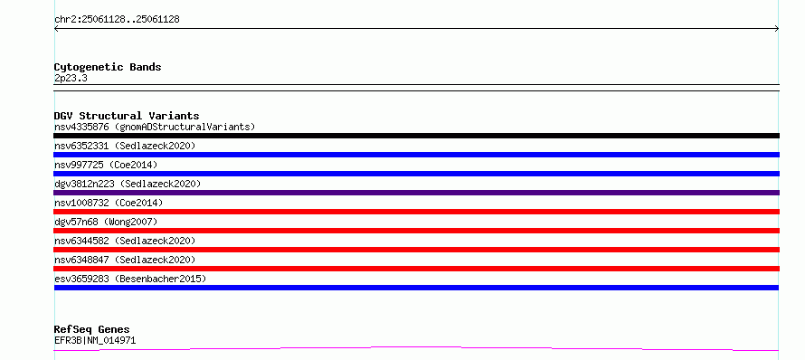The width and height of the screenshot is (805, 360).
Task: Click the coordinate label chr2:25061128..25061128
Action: click(117, 20)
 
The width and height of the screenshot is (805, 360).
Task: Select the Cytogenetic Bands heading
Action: click(108, 67)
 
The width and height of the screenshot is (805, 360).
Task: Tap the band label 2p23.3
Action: click(71, 78)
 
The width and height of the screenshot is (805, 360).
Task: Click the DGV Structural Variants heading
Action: click(127, 116)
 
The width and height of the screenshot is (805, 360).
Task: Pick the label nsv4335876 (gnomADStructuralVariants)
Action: click(155, 127)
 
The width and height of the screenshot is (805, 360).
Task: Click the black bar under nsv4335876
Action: click(416, 136)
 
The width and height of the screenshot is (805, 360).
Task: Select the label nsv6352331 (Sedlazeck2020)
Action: click(125, 146)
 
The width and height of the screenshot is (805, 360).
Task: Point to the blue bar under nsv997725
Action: click(416, 174)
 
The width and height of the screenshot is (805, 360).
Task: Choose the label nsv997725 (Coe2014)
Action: click(106, 165)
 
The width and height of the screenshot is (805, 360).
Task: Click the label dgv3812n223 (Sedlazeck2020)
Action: click(128, 184)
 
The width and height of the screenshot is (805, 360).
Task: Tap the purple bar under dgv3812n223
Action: click(416, 193)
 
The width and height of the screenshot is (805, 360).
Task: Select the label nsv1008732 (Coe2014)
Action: click(109, 203)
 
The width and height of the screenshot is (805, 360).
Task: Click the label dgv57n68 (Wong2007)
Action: click(106, 222)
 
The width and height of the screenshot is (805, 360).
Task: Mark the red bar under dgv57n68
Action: click(416, 231)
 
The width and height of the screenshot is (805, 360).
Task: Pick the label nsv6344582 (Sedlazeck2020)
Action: click(125, 241)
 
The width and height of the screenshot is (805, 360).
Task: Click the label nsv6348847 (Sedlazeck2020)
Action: click(125, 260)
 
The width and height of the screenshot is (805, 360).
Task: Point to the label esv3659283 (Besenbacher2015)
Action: click(130, 279)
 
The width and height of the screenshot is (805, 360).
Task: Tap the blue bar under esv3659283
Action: click(416, 288)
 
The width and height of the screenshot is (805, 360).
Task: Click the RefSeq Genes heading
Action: click(92, 330)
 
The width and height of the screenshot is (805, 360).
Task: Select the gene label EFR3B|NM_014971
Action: click(95, 340)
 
